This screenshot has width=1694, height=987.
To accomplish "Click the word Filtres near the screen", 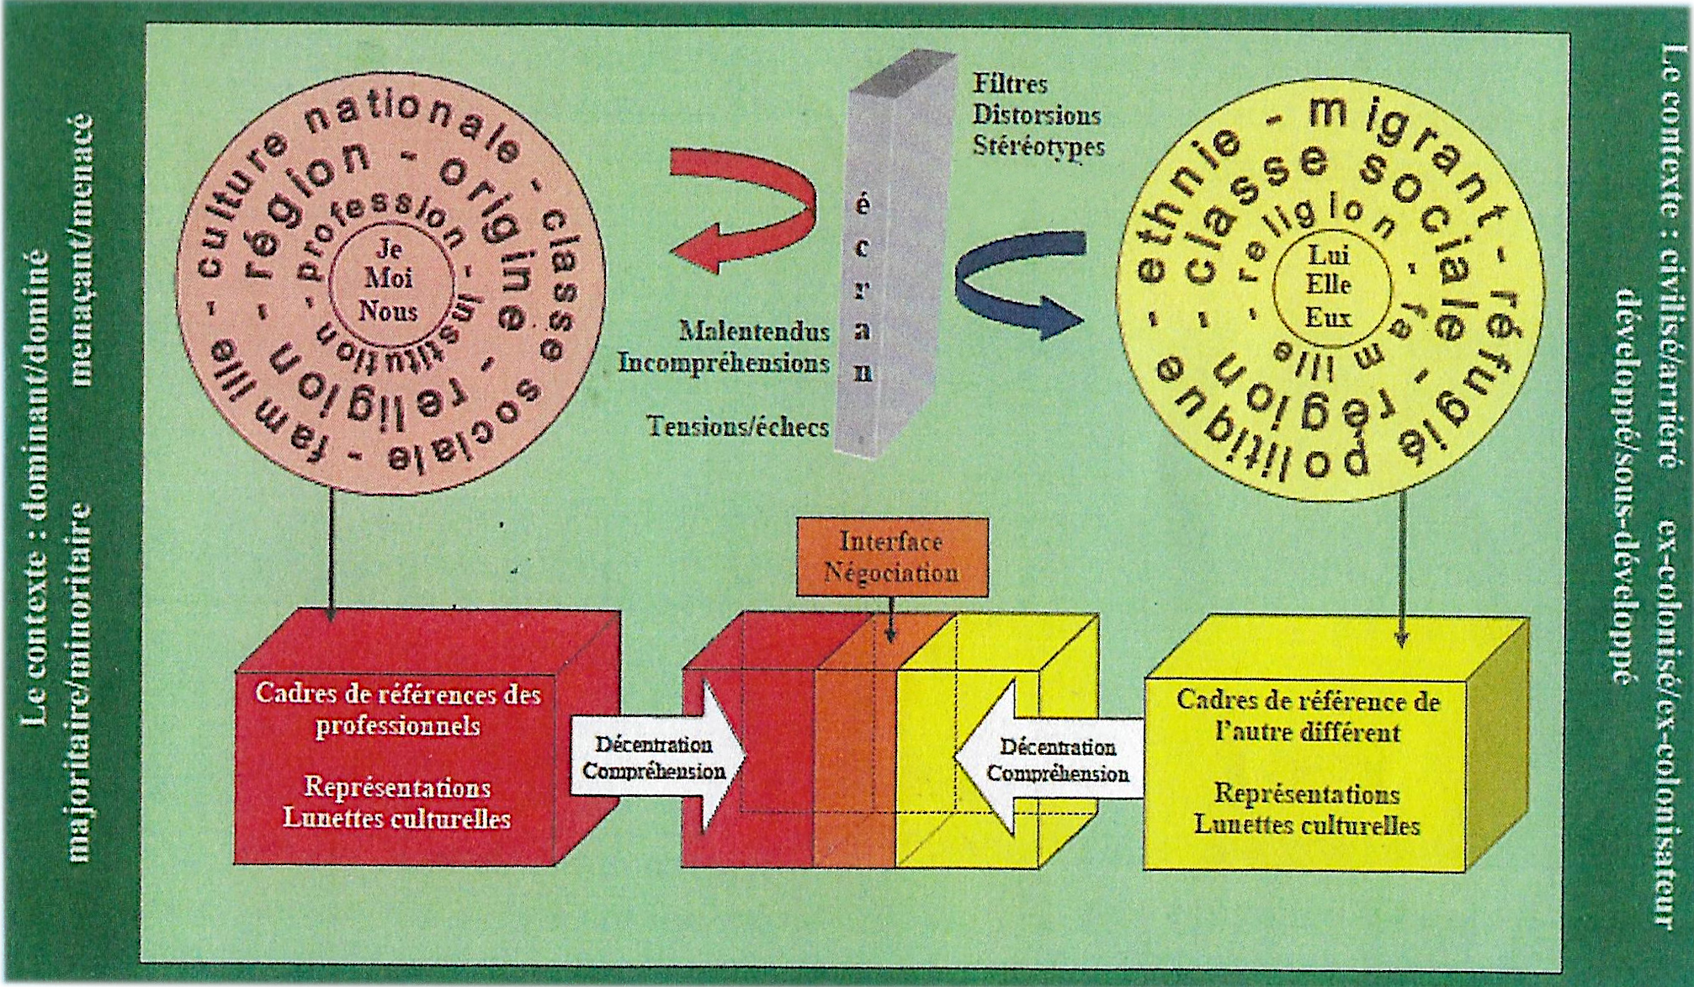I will point(1010,84).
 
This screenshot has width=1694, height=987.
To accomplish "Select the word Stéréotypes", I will point(1038,146).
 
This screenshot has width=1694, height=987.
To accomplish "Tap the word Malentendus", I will point(754,332).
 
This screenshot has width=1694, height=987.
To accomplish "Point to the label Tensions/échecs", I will point(738,427).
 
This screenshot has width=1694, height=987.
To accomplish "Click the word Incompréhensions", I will point(724,363).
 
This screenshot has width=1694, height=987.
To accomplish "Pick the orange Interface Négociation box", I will point(892,557).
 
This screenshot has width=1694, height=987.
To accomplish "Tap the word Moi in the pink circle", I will point(388,279).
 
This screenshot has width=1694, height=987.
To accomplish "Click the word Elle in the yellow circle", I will point(1329,284).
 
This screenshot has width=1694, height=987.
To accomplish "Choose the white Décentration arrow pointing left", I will point(1052,759).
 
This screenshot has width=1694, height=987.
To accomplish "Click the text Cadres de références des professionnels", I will point(397,709).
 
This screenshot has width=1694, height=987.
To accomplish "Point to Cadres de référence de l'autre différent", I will point(1307,716).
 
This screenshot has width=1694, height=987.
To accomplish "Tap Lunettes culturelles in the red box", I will point(396,818).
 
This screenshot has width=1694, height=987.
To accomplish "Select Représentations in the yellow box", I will point(1307,793).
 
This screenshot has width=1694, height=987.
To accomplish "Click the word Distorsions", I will point(1037,114).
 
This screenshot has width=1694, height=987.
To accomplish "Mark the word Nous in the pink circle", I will point(388,310).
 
